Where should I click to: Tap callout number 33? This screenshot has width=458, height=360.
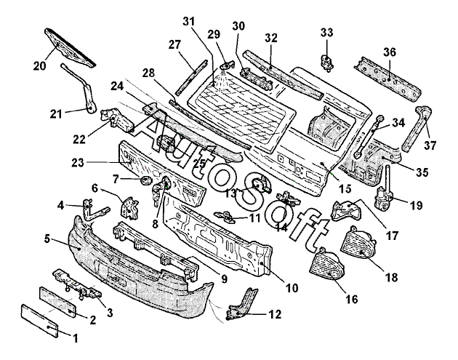point(326,32)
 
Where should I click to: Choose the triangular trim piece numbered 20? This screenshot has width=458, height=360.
point(69,43)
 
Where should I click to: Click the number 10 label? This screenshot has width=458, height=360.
point(292,287)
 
